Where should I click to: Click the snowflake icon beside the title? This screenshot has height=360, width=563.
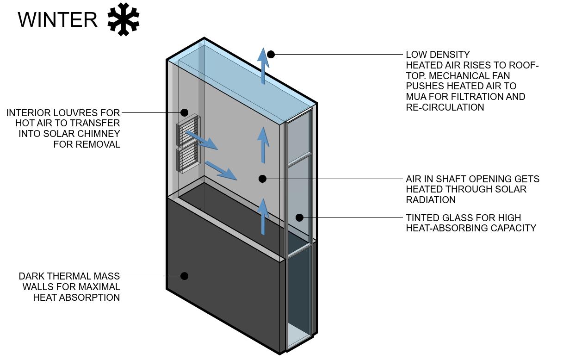click(x=123, y=19)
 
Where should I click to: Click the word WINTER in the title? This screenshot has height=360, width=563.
click(x=58, y=20)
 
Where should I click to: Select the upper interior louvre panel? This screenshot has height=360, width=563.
click(x=188, y=130)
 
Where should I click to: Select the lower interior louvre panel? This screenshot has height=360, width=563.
click(x=188, y=159)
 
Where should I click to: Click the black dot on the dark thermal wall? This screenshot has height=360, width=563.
click(x=184, y=276)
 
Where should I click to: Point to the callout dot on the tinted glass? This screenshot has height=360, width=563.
click(x=299, y=217)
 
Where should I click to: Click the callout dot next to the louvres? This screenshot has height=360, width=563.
click(x=184, y=112)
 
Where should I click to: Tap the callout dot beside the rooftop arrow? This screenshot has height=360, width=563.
click(x=271, y=55)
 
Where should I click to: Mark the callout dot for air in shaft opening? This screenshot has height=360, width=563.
click(x=262, y=179)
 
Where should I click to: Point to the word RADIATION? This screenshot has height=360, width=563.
click(x=431, y=200)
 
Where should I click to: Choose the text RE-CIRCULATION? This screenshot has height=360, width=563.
click(x=445, y=107)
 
